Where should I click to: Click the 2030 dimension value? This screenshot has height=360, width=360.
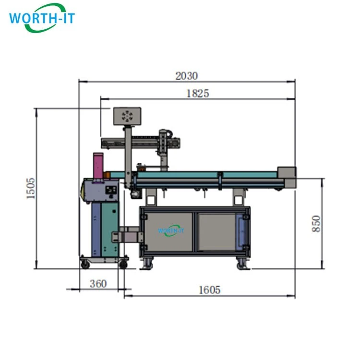(x=186, y=76)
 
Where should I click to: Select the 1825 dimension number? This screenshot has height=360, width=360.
(x=198, y=94)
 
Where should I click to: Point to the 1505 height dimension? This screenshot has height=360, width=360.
(x=31, y=188)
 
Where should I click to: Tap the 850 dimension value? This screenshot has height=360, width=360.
(x=316, y=224)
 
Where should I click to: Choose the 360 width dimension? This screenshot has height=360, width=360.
(x=98, y=284)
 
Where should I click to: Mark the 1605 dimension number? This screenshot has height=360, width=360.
(x=209, y=290)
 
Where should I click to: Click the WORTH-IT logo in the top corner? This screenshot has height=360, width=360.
(x=42, y=18)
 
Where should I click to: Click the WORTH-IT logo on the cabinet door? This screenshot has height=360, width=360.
(x=171, y=230)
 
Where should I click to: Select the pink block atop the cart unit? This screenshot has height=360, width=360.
(x=98, y=165)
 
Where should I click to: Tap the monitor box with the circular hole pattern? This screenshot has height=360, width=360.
(x=127, y=116)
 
